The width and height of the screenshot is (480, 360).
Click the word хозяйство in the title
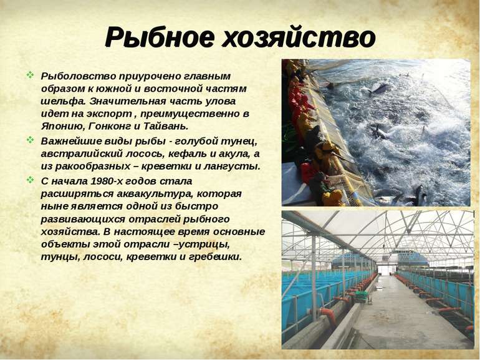click(x=299, y=37)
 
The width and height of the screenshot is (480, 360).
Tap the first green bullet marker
click(x=30, y=75)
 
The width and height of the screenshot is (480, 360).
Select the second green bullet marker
click(x=30, y=140)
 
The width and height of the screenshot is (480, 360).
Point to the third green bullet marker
click(x=30, y=180)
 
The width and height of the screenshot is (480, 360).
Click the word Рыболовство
click(x=79, y=76)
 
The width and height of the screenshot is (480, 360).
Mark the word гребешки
click(x=215, y=257)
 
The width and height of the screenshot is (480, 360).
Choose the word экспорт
click(x=109, y=114)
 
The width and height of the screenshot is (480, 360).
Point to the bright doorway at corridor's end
click(x=384, y=270)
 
